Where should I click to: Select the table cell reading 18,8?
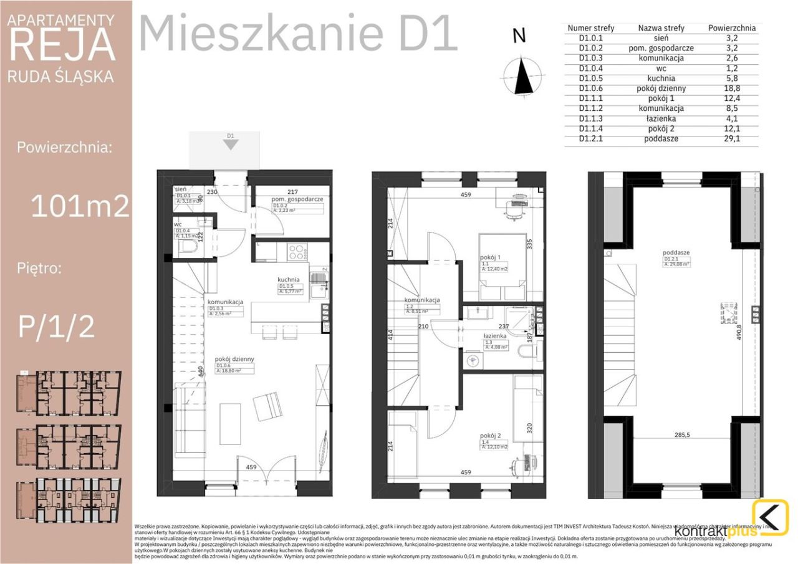pos(732,88)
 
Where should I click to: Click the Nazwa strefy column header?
pos(661,28)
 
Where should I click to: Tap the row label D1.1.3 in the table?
pos(591,118)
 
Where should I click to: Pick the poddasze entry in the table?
pos(661,138)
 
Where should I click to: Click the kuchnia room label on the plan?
pos(289,280)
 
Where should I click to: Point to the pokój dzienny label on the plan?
pos(231,360)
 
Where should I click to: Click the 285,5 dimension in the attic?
pos(682,435)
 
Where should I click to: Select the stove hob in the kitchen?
pos(296,252)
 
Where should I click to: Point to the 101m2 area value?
pos(80,205)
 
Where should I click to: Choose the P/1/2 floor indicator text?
pos(56,325)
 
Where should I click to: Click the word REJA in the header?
pos(62,45)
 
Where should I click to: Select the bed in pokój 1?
pos(501,267)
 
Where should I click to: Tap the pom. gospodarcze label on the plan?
pos(297,199)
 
